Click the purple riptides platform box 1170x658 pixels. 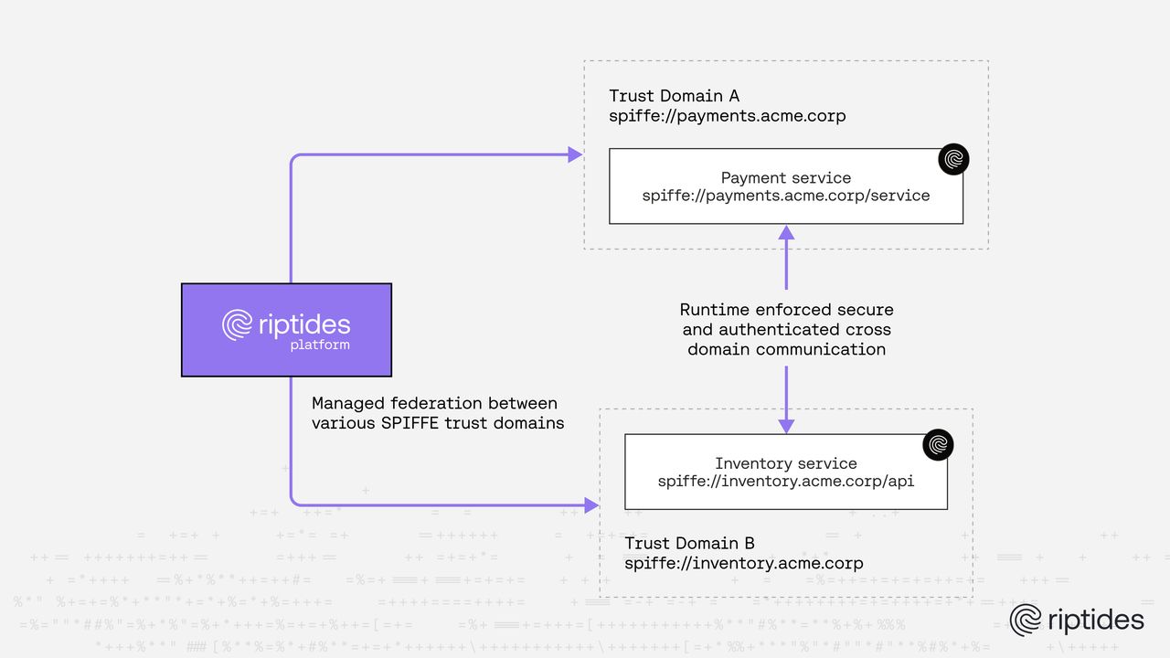click(286, 329)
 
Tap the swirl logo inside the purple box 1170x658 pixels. click(238, 325)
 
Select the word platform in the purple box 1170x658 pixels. click(319, 345)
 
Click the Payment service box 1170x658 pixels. click(785, 186)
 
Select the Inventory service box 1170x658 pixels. click(785, 472)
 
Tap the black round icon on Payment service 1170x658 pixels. click(953, 160)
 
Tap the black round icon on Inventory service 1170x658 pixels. click(938, 445)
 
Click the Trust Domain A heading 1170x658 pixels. click(674, 96)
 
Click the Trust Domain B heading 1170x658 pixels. click(689, 543)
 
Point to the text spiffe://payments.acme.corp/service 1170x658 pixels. click(785, 196)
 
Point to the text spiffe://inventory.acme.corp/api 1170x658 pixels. click(785, 481)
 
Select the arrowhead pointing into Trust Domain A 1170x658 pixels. click(575, 154)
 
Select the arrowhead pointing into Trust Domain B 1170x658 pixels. click(591, 504)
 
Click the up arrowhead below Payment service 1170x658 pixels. click(786, 232)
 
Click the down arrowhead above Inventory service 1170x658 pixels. click(786, 426)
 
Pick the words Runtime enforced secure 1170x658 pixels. click(786, 310)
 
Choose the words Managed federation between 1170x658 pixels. click(434, 403)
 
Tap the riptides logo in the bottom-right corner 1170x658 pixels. click(1077, 620)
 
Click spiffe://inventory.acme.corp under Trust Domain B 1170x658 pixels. click(743, 563)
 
